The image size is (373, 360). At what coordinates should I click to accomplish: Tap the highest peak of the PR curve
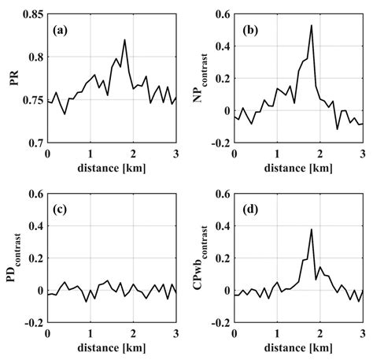coord(124,40)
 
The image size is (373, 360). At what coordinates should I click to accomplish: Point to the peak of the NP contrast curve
coord(312,26)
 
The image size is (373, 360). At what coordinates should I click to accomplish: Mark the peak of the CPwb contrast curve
coord(312,229)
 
